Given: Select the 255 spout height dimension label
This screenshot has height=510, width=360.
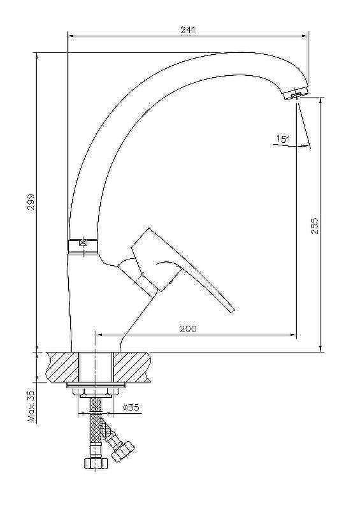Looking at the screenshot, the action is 315,225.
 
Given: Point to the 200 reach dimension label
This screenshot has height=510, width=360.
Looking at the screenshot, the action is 189,328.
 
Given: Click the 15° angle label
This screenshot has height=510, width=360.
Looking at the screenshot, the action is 283,139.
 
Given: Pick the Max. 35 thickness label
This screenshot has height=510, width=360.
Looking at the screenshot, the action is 31,406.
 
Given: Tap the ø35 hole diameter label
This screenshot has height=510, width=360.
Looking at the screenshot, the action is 131,407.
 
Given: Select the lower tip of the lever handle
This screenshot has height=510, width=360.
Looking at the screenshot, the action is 232,310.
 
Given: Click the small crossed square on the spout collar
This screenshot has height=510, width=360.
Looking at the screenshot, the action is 83,242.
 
